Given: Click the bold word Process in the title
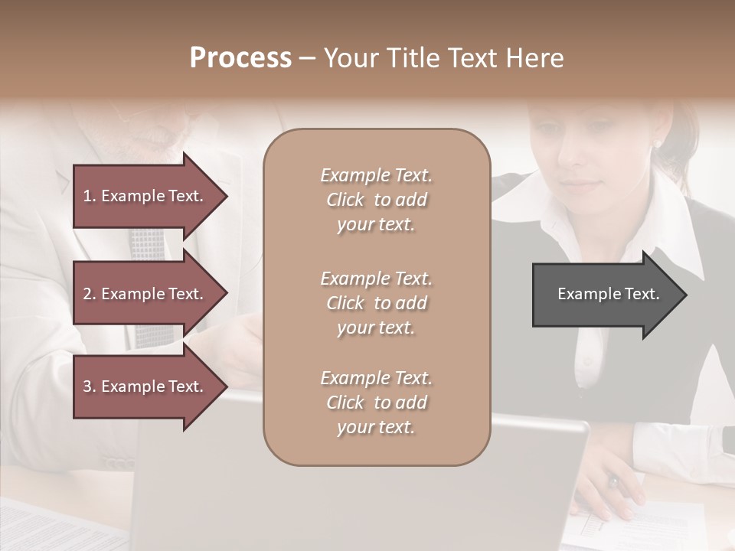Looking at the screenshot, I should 240,58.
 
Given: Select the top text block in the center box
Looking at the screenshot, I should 376,200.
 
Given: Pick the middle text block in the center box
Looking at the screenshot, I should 376,303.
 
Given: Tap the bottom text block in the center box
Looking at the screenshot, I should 376,403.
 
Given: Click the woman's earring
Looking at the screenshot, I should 656,143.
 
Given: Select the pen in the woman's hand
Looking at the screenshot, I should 613,481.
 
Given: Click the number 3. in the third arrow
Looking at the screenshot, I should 89,386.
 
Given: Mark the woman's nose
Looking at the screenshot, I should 572,162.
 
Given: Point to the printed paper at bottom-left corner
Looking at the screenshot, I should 46,528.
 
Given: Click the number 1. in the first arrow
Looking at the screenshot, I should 89,196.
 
